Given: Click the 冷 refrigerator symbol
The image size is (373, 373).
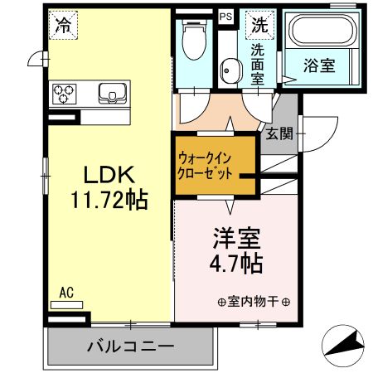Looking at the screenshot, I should pyautogui.click(x=62, y=24).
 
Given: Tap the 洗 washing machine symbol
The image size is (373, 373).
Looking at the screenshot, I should pyautogui.click(x=260, y=24).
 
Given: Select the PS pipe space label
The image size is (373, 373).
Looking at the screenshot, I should pyautogui.click(x=225, y=15).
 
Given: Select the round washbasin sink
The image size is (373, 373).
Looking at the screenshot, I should pyautogui.click(x=226, y=70).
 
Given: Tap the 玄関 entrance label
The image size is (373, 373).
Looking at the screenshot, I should pyautogui.click(x=279, y=135).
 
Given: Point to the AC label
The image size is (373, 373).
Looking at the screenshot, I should pyautogui.click(x=67, y=293).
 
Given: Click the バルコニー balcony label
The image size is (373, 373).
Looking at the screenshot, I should pyautogui.click(x=131, y=346).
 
